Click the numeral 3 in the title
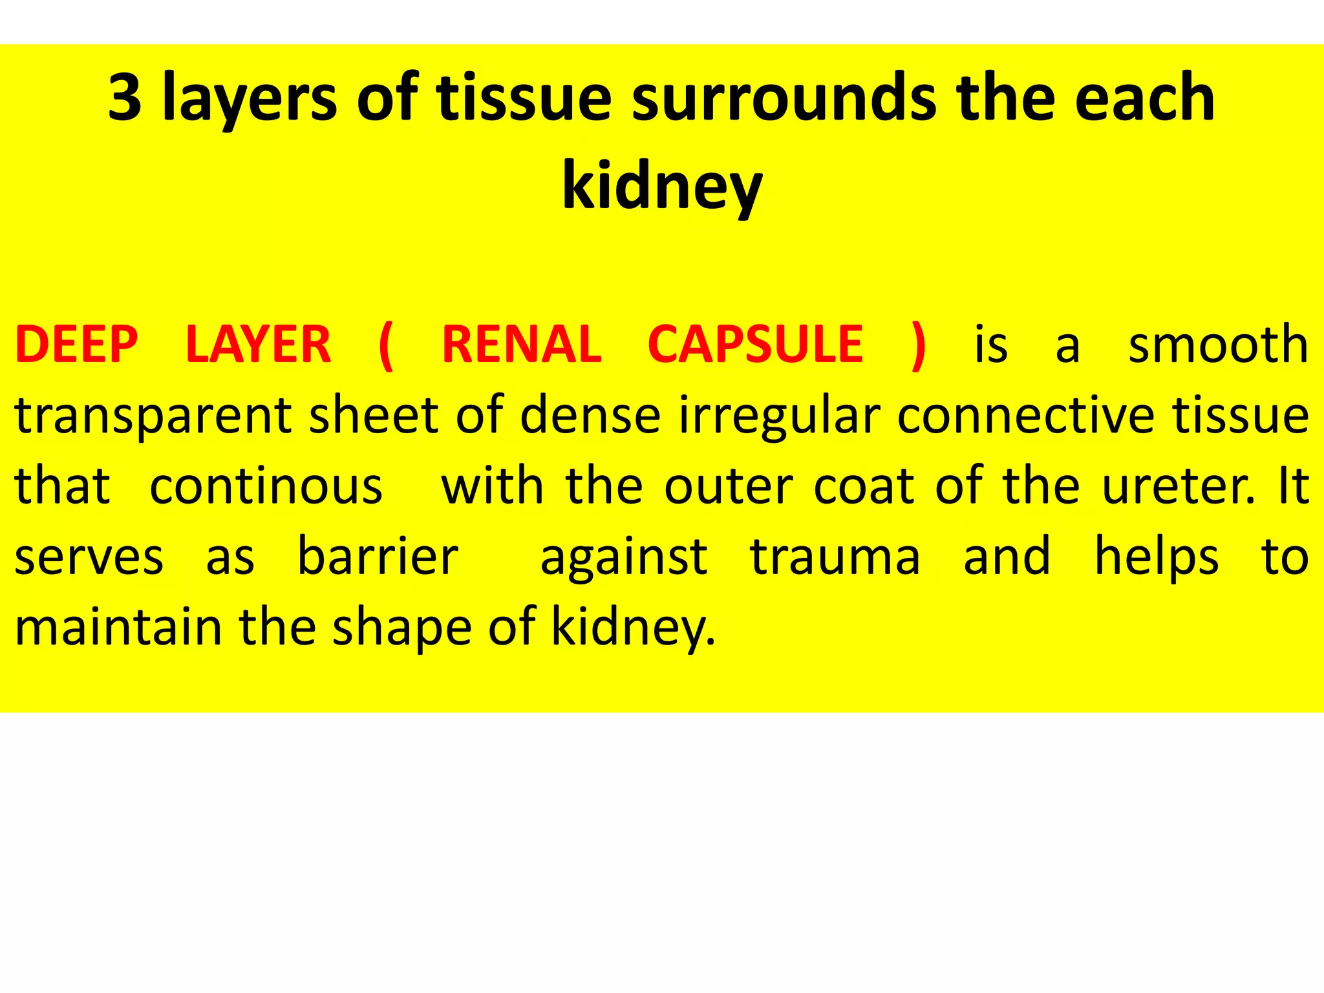click(125, 98)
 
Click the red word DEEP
click(77, 345)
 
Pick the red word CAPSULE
click(755, 345)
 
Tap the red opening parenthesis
click(386, 347)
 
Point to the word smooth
click(1218, 345)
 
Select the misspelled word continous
click(266, 486)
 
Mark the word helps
click(1157, 557)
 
